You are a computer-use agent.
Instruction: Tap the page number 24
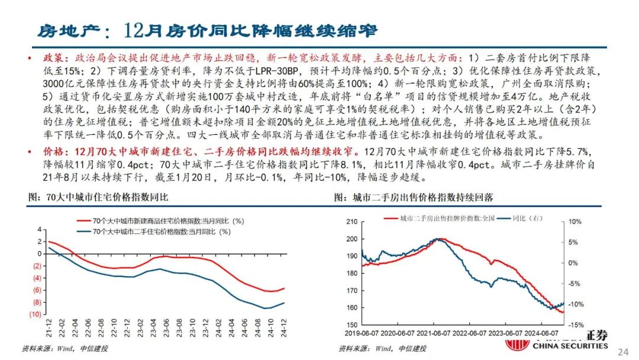(622, 352)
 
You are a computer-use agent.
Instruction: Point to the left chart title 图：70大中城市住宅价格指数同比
(98, 197)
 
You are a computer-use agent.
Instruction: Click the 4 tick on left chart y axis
(39, 229)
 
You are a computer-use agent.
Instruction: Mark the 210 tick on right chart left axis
(350, 222)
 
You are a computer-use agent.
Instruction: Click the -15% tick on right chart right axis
(577, 325)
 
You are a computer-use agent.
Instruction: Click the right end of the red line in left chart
(284, 288)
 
